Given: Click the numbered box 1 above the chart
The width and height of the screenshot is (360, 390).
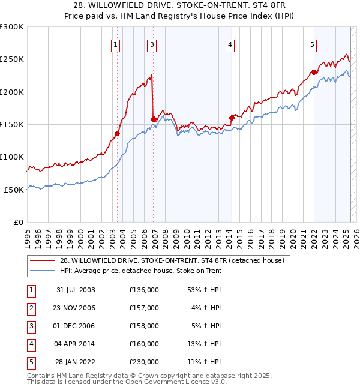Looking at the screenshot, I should point(115,44).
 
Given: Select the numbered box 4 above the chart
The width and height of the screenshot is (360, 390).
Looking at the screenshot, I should point(230,44).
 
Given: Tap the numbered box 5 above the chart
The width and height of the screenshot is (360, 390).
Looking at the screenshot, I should point(313,44).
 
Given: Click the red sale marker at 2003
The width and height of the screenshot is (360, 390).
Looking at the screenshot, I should point(118,133).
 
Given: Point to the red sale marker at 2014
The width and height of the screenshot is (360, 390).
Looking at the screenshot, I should point(231,118).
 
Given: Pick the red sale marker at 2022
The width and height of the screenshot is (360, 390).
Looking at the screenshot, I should point(314,72).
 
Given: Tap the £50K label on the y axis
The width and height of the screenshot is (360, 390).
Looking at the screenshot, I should point(14,190).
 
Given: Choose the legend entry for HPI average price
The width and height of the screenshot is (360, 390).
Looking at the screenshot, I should point(140,271).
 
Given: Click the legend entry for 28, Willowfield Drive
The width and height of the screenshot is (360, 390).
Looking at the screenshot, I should point(175,260).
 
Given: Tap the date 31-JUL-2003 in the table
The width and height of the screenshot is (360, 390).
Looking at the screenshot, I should point(76,290).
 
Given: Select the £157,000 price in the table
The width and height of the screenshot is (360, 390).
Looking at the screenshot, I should point(144,308).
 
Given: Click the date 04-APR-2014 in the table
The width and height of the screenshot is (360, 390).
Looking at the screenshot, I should point(76,344).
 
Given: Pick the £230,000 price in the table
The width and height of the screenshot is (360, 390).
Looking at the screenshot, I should point(144,362).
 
